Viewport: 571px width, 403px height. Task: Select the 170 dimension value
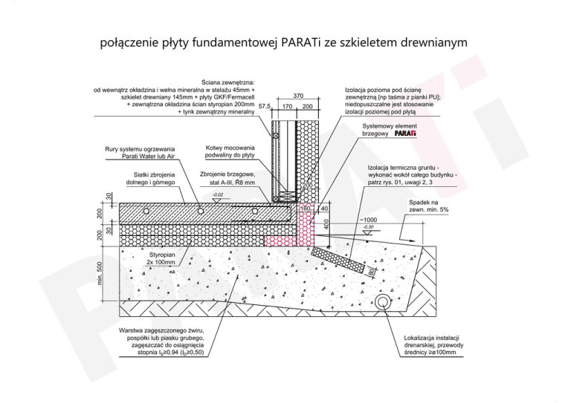click(x=288, y=107)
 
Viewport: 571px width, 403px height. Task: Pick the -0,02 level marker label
click(x=218, y=194)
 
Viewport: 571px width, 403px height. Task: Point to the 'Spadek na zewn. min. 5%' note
click(x=429, y=206)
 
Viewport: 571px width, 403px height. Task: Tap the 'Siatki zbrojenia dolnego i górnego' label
click(x=150, y=178)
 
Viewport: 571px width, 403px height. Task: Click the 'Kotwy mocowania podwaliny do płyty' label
click(x=230, y=151)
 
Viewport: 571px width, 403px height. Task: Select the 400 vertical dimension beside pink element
click(x=326, y=223)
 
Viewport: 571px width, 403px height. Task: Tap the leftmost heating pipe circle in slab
click(x=147, y=211)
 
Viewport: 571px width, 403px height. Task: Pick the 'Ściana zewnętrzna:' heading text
click(x=229, y=82)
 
